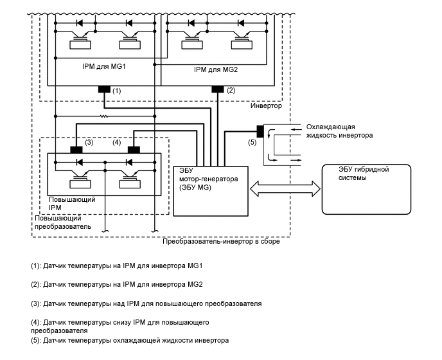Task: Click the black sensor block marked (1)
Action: (103, 90)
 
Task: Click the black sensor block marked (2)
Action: (217, 90)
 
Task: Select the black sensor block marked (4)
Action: (134, 150)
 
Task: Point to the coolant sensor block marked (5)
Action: (260, 130)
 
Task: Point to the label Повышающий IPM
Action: (72, 204)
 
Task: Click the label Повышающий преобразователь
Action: (62, 222)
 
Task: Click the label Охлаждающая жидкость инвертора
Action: (340, 131)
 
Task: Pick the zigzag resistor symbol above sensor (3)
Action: (103, 116)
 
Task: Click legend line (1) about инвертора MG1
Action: (117, 265)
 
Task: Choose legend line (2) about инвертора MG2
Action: (117, 283)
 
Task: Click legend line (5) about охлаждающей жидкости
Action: (130, 339)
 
